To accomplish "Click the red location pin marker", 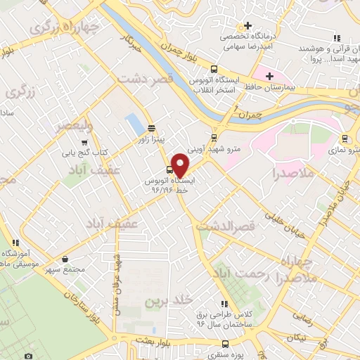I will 181,165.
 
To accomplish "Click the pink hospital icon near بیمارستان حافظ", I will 267,75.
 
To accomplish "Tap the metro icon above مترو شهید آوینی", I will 214,137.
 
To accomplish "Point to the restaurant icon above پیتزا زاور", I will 151,128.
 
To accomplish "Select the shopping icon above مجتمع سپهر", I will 65,258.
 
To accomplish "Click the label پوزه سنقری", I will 226,355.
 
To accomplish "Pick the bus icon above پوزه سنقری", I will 225,344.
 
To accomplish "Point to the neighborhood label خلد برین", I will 169,300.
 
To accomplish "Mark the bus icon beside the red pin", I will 169,170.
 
